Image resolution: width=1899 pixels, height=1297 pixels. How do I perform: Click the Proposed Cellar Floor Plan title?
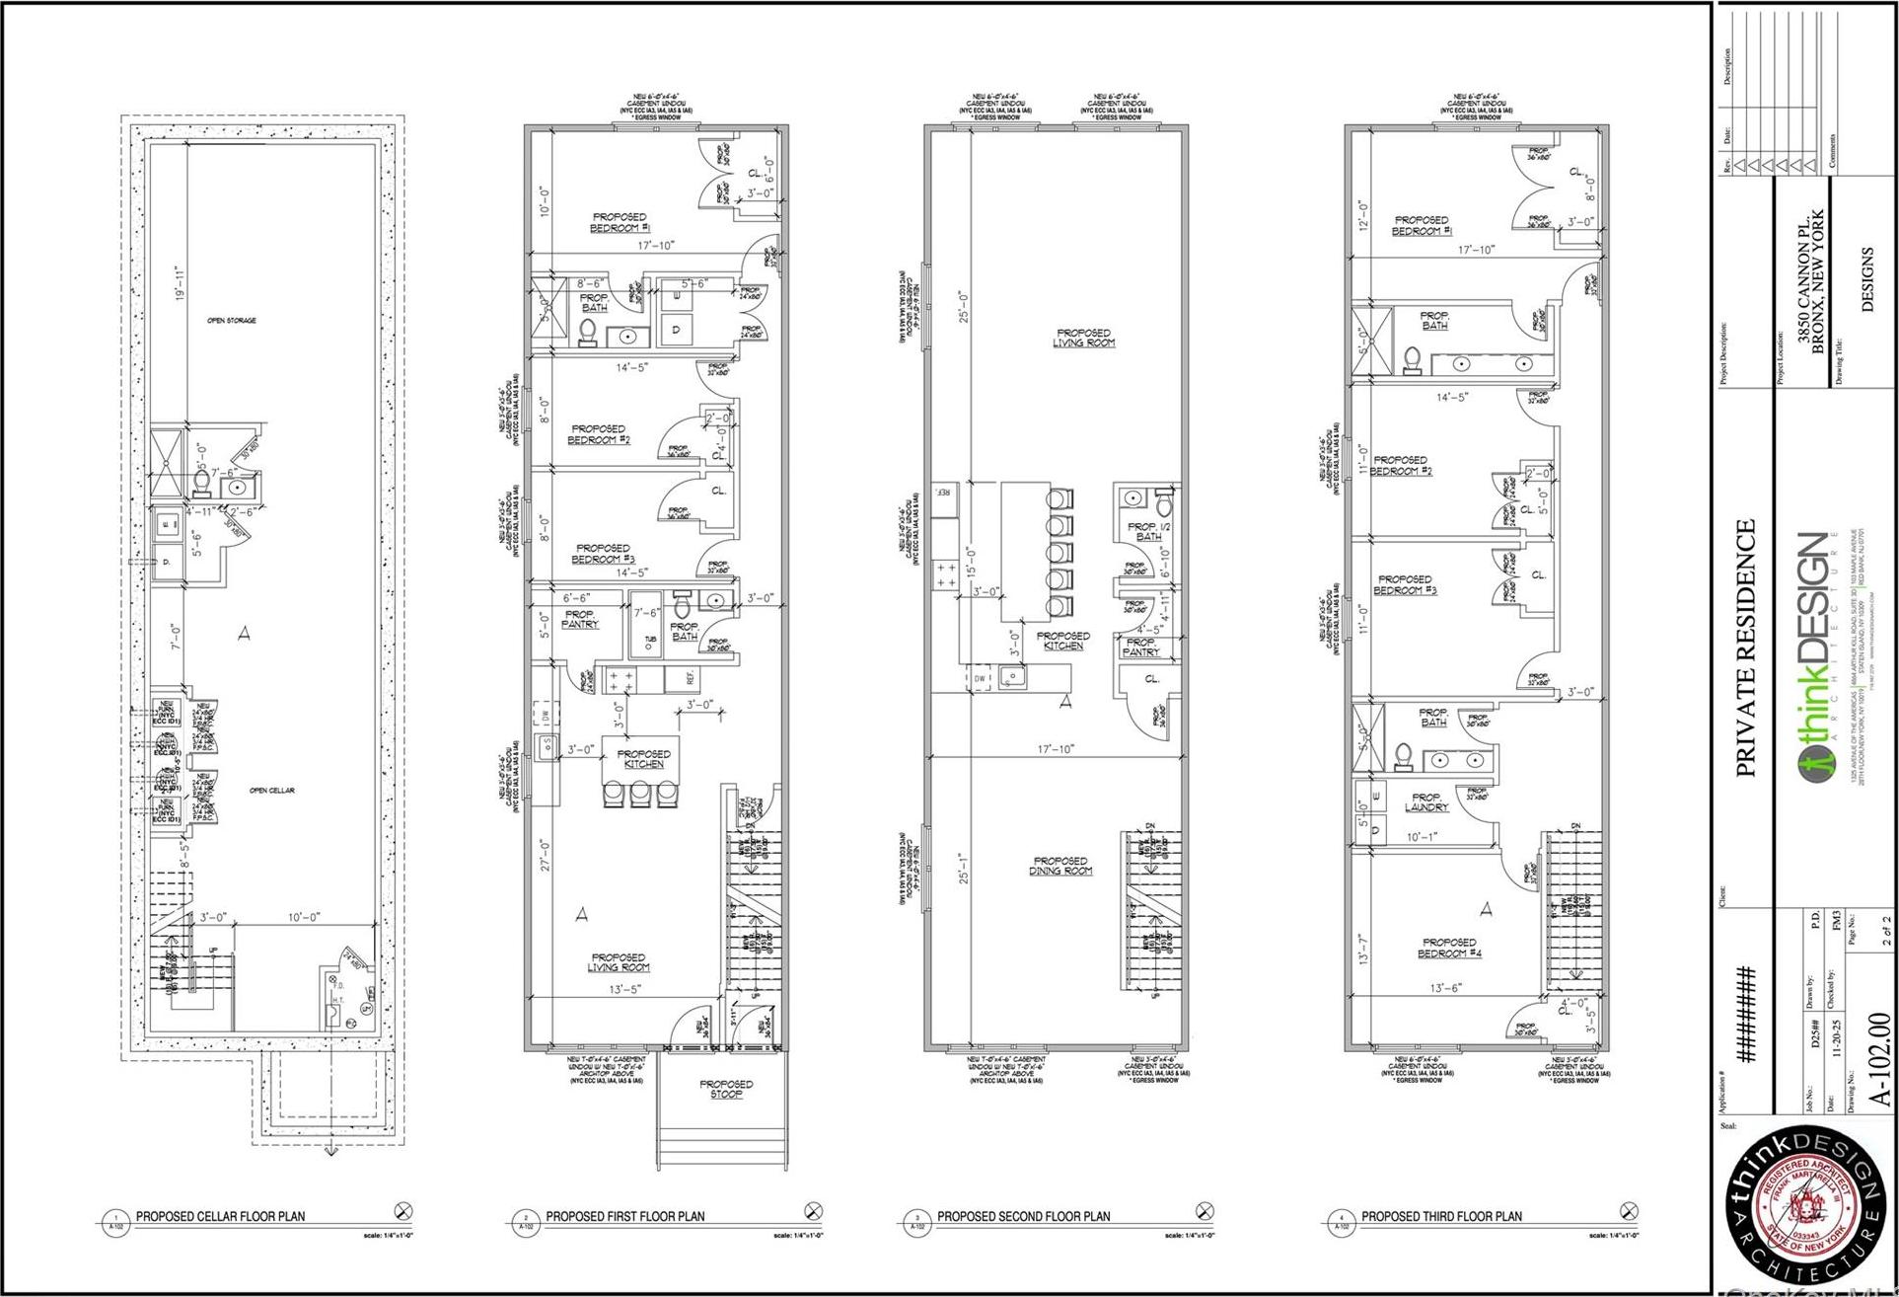click(220, 1216)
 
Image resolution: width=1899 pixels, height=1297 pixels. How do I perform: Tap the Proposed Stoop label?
click(726, 1089)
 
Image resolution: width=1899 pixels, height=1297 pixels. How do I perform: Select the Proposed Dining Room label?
click(1060, 866)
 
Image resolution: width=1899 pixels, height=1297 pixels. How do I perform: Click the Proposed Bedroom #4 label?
click(1449, 948)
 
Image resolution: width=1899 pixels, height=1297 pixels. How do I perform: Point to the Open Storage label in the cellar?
click(232, 321)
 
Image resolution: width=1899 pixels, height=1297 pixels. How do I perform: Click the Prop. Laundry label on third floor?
click(1426, 801)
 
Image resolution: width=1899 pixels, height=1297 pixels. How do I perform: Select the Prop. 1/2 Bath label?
click(1148, 531)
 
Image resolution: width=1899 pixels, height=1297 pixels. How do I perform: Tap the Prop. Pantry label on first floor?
click(580, 619)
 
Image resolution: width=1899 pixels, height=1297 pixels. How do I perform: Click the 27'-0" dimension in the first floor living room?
click(544, 854)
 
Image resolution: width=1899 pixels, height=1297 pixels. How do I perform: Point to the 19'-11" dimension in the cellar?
click(179, 283)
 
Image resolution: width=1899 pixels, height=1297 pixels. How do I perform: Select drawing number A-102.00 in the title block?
click(1881, 1059)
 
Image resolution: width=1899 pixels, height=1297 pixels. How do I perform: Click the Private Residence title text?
click(1746, 648)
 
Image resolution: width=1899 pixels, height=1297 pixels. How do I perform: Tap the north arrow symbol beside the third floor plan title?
click(1628, 1210)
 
